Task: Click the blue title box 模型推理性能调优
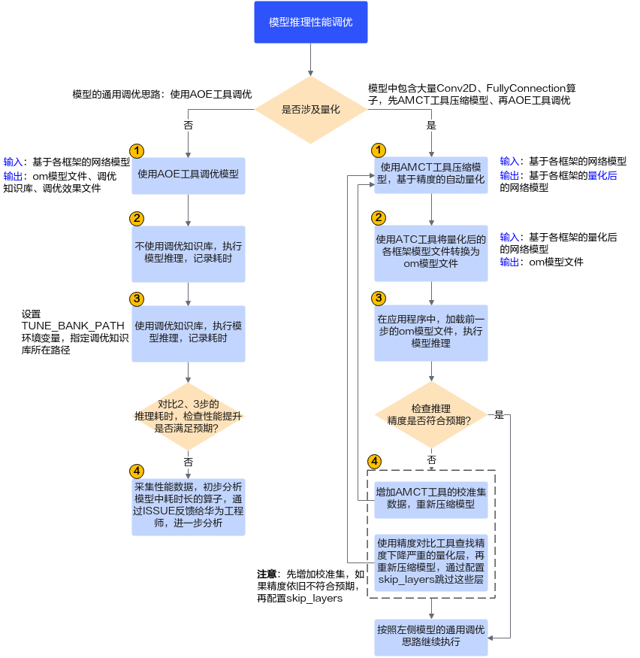(x=310, y=22)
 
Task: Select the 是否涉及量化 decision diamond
(x=310, y=110)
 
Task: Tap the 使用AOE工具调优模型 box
(x=189, y=175)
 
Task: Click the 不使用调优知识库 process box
(x=189, y=254)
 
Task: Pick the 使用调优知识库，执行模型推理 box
(x=189, y=334)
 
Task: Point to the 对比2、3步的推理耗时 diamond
(x=189, y=417)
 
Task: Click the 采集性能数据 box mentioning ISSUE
(x=189, y=507)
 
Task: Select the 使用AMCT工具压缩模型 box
(x=431, y=175)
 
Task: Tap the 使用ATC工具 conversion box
(x=431, y=253)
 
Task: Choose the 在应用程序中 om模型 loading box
(x=431, y=333)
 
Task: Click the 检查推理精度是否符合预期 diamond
(x=431, y=414)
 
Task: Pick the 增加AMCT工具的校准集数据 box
(x=431, y=500)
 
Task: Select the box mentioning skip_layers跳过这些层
(x=431, y=562)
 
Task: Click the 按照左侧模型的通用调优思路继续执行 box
(x=431, y=637)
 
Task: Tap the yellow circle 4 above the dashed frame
(x=374, y=462)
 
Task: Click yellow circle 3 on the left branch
(x=137, y=299)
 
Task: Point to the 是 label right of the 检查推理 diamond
(x=499, y=415)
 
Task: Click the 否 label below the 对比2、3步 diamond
(x=189, y=462)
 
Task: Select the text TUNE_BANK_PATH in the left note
(x=73, y=326)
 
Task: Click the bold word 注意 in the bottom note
(x=267, y=574)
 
